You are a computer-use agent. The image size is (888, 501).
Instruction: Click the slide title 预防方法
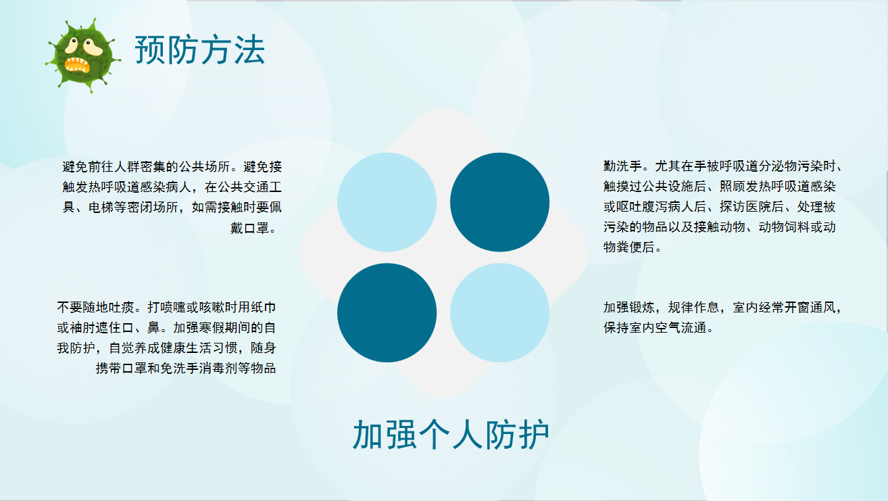coord(200,50)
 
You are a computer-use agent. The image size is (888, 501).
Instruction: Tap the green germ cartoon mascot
coord(83,56)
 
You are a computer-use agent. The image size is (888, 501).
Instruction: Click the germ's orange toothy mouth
coord(77,65)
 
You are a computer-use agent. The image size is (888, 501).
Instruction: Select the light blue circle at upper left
coord(387,202)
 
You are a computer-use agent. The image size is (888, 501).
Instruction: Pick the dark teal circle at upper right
coord(499,202)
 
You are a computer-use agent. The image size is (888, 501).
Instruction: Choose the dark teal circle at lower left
coord(387,312)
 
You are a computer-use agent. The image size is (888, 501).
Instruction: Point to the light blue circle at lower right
coord(499,312)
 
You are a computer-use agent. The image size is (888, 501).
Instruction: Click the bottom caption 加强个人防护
coord(451,435)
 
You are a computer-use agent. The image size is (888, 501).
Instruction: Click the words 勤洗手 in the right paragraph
coord(623,166)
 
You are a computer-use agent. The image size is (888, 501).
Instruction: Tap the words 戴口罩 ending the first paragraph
coord(250,228)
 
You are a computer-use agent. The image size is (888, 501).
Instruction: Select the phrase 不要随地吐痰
coord(95,307)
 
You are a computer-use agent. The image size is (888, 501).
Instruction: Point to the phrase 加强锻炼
coord(629,307)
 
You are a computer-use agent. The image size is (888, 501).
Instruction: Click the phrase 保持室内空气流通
coord(655,328)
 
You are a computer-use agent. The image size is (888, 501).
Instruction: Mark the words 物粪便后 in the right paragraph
coord(629,247)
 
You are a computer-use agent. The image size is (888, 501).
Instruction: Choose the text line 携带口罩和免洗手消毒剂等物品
coord(186,368)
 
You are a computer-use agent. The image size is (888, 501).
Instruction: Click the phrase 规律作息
coord(693,307)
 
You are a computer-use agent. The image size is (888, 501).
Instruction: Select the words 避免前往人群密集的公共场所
coord(146,166)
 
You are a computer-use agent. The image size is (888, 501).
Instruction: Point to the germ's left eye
coord(72,46)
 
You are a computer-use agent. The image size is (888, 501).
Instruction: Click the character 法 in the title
coord(249,50)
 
